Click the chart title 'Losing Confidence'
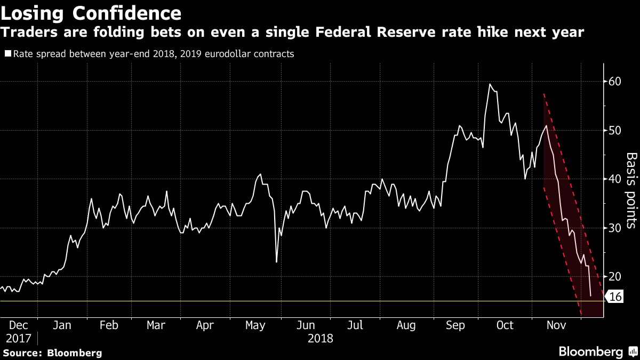91,12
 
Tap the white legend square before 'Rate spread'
7,54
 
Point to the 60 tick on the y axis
615,82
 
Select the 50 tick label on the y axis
615,130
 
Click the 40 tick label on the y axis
615,179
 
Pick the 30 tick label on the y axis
615,228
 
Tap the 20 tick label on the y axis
615,276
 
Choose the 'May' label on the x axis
255,325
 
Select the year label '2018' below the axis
321,338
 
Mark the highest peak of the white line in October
490,84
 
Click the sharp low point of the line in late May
276,262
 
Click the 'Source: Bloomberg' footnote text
52,353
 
